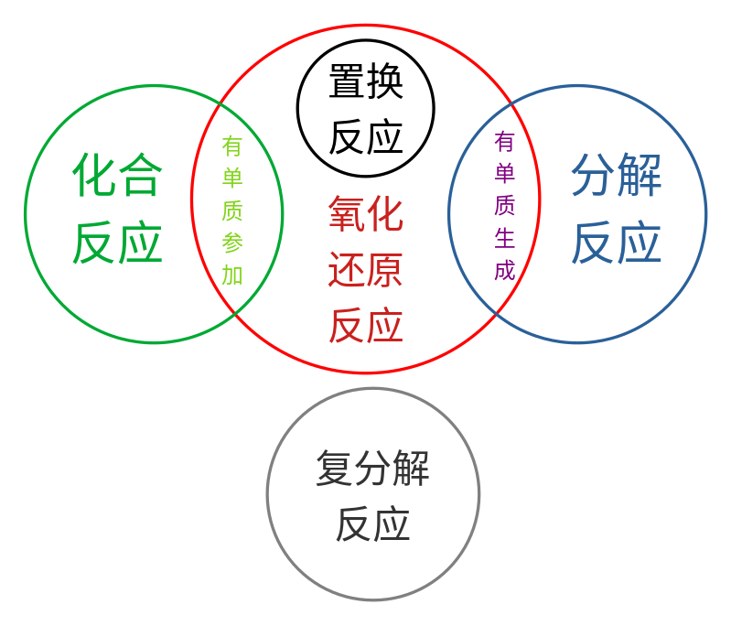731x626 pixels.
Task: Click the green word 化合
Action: tap(117, 175)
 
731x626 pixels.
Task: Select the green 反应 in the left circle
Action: tap(117, 243)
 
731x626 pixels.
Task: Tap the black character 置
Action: tap(347, 81)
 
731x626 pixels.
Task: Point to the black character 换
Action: tap(384, 81)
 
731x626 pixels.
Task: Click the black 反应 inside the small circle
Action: tap(366, 136)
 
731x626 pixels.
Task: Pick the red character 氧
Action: tap(347, 213)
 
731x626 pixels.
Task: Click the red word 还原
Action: tap(366, 270)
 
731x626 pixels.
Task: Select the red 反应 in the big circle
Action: tap(366, 325)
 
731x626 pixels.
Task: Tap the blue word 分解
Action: tap(617, 175)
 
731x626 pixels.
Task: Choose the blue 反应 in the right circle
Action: tap(617, 243)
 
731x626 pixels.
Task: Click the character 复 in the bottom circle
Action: tap(335, 468)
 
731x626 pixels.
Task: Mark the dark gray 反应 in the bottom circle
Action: tap(373, 523)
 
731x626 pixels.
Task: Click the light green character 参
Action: tap(232, 243)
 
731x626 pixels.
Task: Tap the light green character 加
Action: tap(232, 275)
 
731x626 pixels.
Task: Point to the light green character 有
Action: tap(232, 146)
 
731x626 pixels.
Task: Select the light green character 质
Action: tap(232, 210)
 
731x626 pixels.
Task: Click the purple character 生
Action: tap(504, 238)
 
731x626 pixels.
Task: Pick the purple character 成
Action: tap(504, 270)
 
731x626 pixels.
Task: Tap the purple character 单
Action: tap(504, 174)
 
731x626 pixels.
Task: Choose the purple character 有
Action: tap(504, 141)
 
